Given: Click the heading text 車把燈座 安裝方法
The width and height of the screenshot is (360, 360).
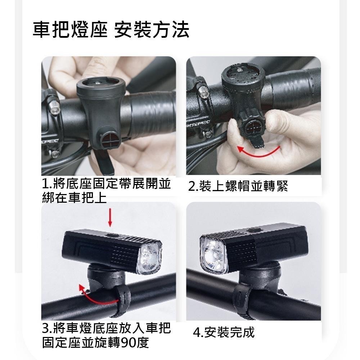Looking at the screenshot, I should (x=111, y=30).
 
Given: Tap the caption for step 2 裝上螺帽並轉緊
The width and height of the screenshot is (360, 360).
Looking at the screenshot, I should (x=238, y=186).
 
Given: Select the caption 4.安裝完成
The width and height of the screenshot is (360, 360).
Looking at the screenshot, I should (x=224, y=332).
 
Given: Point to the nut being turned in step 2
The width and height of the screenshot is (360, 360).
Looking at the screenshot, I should (x=251, y=128).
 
